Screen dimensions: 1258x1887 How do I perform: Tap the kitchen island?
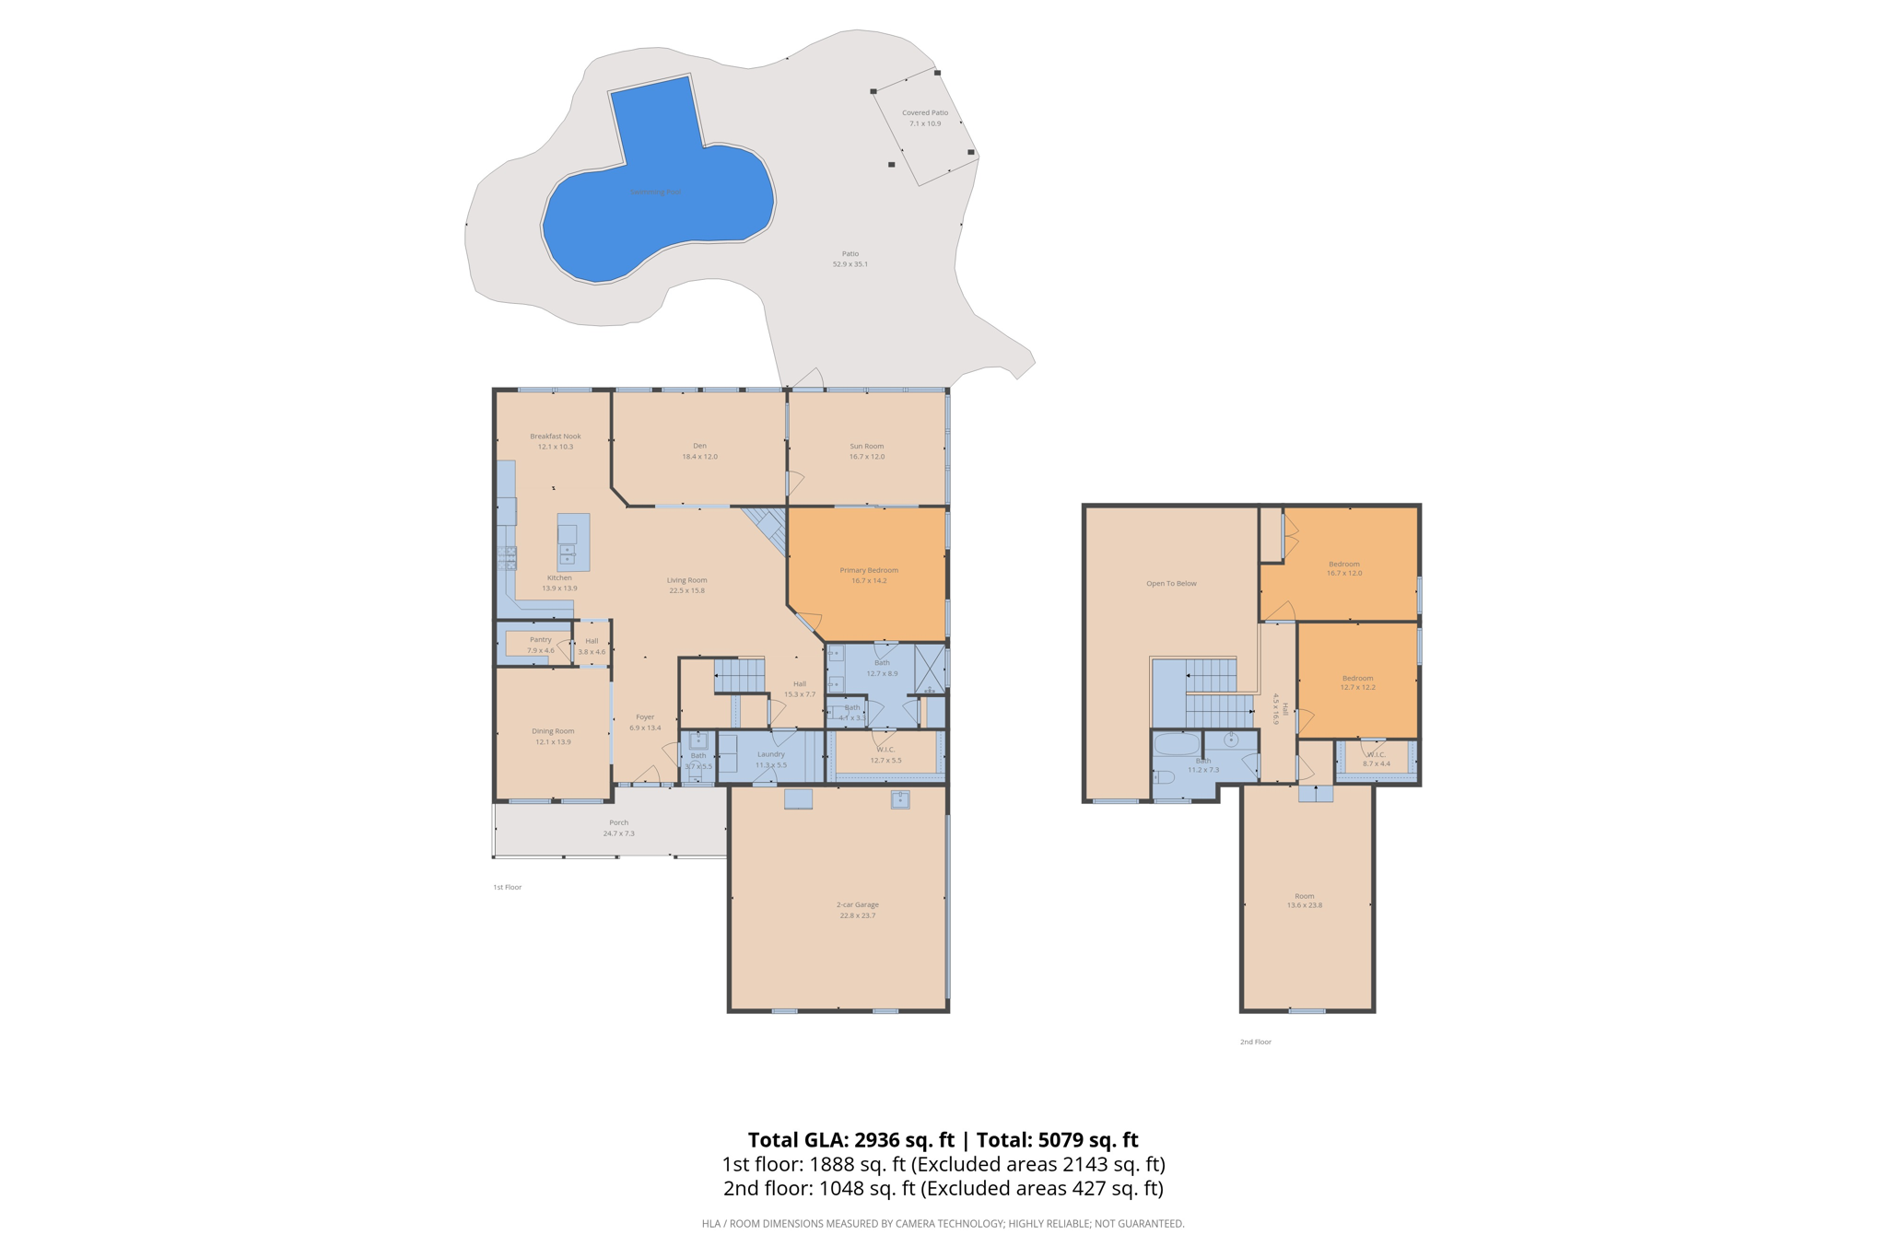pos(573,542)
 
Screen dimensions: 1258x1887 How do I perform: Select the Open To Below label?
pos(1171,583)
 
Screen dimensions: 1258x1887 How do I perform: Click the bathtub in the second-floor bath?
pos(1177,744)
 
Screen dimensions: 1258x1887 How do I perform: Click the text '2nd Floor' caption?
pos(1255,1042)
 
